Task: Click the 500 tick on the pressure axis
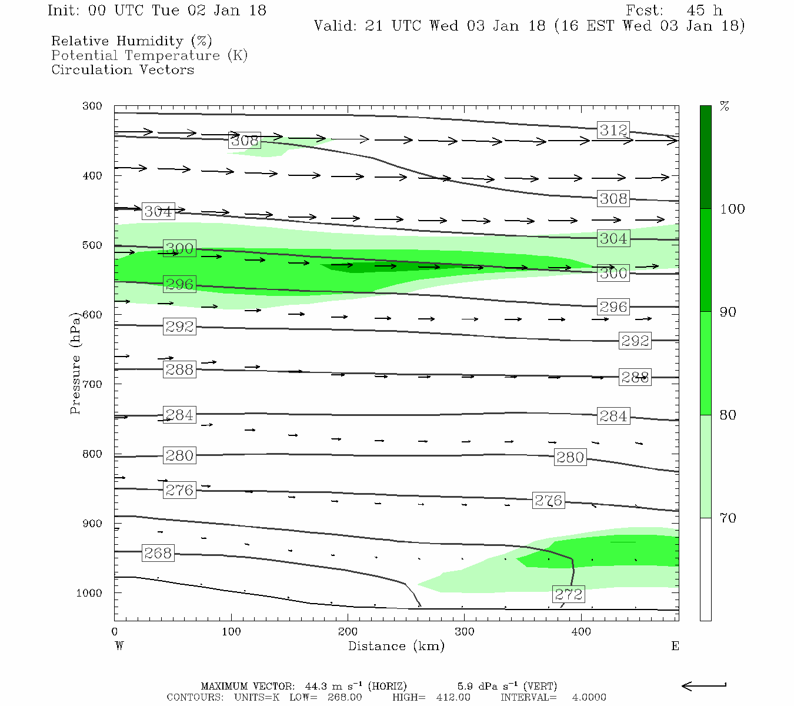point(93,245)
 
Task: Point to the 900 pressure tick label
point(93,524)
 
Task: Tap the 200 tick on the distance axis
point(348,631)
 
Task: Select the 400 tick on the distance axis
point(581,631)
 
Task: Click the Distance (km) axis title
point(396,646)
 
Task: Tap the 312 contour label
point(613,130)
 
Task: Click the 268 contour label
point(158,553)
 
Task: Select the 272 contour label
point(568,594)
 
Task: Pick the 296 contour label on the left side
point(179,284)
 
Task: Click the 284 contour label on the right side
point(613,416)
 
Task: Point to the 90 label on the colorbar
point(728,312)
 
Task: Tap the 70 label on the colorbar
point(728,518)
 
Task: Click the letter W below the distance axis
point(119,646)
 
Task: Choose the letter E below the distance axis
point(675,646)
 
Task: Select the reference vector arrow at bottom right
point(703,685)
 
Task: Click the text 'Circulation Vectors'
point(122,69)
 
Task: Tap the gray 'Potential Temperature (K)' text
point(149,55)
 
